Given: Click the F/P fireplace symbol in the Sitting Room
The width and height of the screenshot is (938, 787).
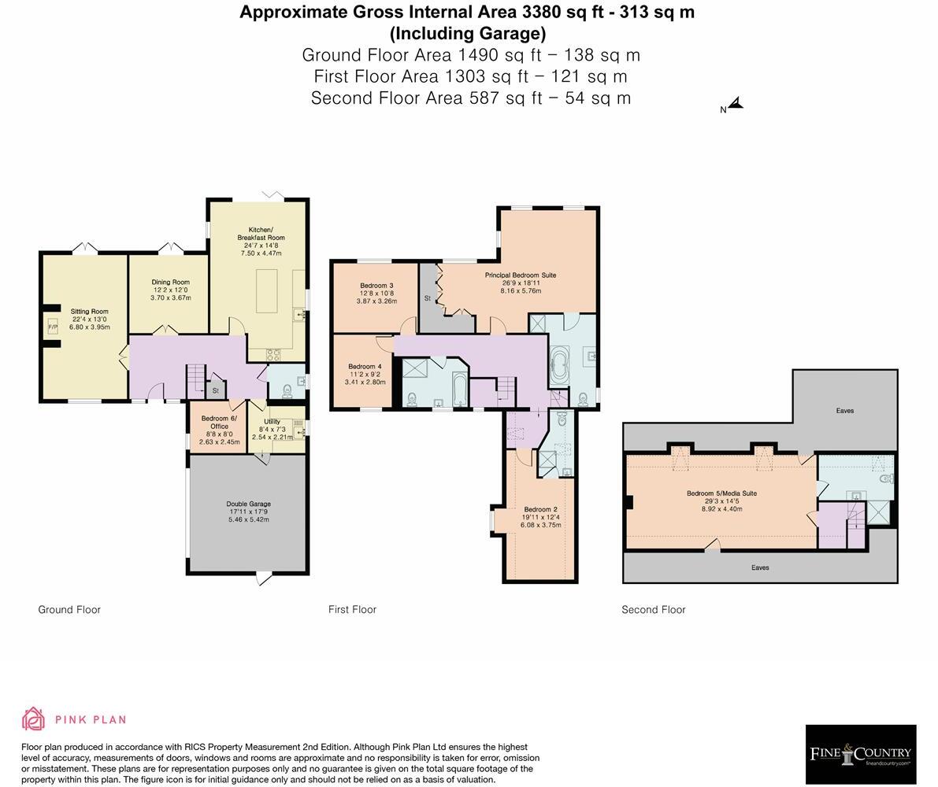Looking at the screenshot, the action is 53,327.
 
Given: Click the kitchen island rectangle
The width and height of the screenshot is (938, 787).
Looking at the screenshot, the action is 267,291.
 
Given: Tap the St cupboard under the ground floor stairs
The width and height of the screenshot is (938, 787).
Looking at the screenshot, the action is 215,390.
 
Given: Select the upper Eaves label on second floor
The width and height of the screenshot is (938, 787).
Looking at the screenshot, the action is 845,411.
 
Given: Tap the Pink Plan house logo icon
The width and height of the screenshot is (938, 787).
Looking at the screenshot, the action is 34,719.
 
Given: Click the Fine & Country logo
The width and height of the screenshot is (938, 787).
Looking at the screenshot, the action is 860,754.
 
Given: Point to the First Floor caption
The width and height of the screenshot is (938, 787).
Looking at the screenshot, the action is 352,609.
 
